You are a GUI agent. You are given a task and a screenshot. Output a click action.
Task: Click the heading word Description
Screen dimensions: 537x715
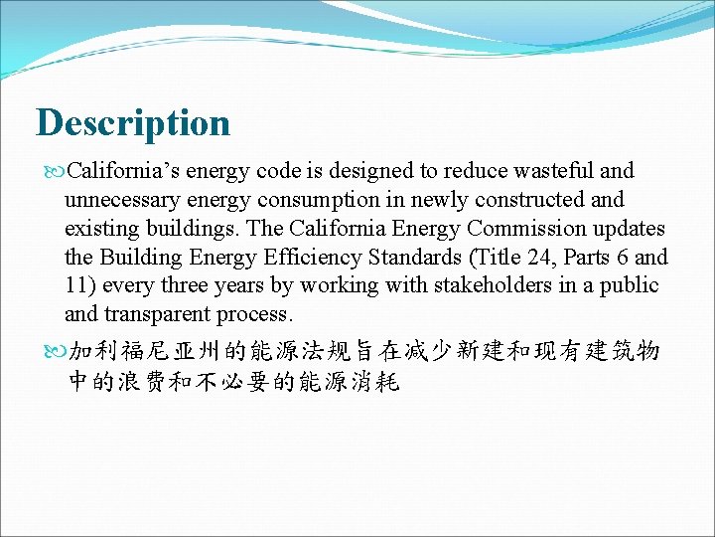coord(133,123)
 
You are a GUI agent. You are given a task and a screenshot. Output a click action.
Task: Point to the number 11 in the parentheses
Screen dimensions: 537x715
coord(74,286)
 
